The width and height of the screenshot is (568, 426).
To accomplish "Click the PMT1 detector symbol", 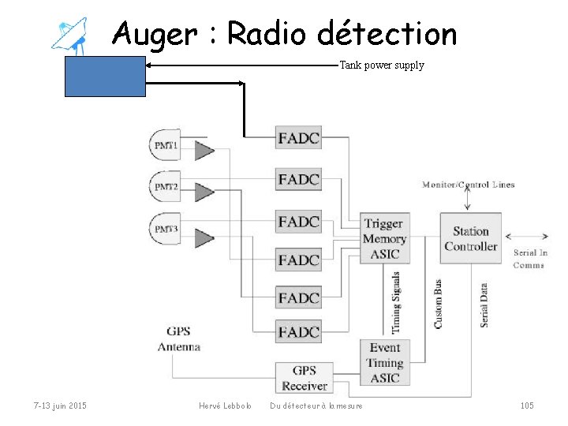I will [x=166, y=145].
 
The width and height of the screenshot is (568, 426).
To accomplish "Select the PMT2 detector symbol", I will [x=166, y=187].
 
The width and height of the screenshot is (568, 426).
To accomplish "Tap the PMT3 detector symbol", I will [x=166, y=230].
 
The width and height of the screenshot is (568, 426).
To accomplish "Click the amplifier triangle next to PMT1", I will [x=204, y=150].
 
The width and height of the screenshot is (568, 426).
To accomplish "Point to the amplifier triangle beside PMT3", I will [x=204, y=237].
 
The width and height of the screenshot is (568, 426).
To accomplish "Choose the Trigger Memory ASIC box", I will [x=384, y=238].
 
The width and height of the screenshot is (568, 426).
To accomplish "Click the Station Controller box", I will [x=470, y=239].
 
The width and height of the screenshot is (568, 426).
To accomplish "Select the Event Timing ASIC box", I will [x=384, y=363].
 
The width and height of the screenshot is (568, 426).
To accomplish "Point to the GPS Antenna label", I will [x=179, y=338].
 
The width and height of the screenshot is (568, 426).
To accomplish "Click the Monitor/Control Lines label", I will [x=468, y=185].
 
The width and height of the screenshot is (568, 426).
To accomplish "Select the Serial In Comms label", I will [x=530, y=259].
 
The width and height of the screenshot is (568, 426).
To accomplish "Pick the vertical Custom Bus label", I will [x=438, y=303].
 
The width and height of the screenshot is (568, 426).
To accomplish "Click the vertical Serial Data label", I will [x=484, y=305].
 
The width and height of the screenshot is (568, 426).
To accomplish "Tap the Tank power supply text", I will [x=382, y=65].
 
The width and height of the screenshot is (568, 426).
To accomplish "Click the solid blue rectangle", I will [x=105, y=77].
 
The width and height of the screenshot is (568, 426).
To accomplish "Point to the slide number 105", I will [x=527, y=405].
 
